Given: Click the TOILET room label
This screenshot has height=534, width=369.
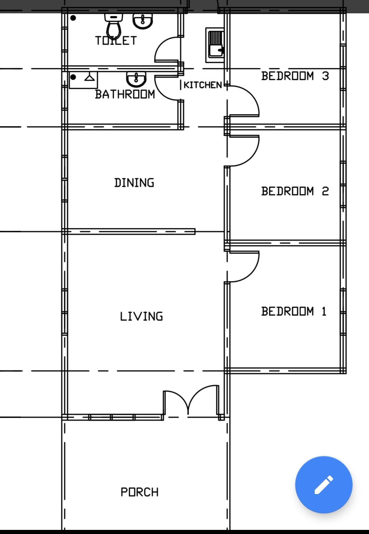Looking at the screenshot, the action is click(x=116, y=41).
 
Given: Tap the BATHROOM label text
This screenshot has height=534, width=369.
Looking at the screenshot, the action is click(x=125, y=94).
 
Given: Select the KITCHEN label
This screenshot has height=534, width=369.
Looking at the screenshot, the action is click(x=203, y=85).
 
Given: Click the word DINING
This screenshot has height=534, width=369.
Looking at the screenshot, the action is click(x=134, y=183).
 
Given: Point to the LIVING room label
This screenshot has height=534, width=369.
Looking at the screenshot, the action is click(x=141, y=316).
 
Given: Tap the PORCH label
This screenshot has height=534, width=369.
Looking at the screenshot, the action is click(x=140, y=492).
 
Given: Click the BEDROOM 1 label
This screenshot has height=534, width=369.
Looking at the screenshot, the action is click(x=294, y=311).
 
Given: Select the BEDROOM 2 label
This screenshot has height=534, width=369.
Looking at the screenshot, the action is click(x=295, y=191).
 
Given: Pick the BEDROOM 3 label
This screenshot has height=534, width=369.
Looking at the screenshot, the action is click(x=295, y=76).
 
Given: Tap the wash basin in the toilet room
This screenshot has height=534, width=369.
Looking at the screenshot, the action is click(x=143, y=21).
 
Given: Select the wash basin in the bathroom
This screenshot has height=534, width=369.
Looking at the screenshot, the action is click(x=136, y=79).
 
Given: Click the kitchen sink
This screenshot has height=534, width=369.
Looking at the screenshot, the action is click(x=215, y=45).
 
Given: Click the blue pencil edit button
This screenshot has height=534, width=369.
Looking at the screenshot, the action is click(x=324, y=485).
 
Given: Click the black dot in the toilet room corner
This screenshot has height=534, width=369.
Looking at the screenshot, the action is click(x=73, y=18).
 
